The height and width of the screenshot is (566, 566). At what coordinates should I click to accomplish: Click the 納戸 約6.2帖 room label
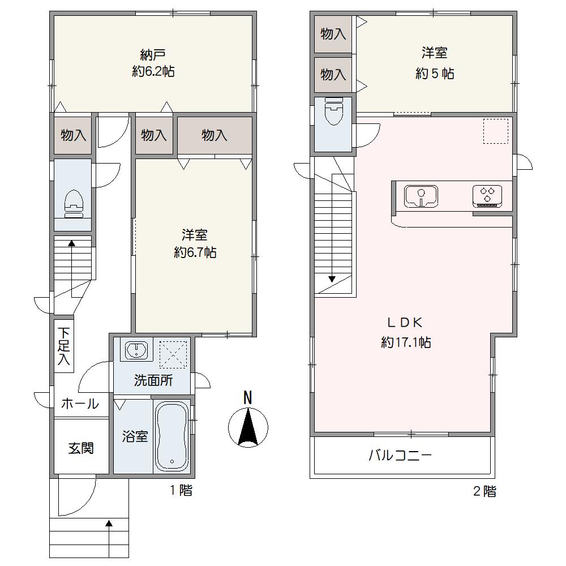(x=153, y=63)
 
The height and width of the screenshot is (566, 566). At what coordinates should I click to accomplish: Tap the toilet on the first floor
(x=74, y=204)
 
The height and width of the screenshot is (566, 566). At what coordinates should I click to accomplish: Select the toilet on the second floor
(x=334, y=110)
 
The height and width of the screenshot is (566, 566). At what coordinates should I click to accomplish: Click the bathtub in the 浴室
(x=172, y=436)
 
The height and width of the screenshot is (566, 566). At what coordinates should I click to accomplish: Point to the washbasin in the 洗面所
(x=136, y=349)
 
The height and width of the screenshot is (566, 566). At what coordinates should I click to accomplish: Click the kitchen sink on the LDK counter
(x=421, y=196)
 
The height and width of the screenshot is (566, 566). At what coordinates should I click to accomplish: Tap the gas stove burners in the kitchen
(x=487, y=195)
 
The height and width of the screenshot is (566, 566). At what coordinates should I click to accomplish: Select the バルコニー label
(x=400, y=456)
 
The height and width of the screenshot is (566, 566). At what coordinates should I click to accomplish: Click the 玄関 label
(x=81, y=448)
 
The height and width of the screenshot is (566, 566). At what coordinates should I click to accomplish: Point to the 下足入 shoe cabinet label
(x=64, y=346)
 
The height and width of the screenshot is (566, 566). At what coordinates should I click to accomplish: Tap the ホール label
(x=80, y=403)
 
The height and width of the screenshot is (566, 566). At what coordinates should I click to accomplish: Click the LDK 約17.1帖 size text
(x=406, y=342)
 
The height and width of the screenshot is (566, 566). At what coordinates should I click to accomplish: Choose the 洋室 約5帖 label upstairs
(x=435, y=63)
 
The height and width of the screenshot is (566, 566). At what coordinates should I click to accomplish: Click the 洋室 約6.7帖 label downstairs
(x=195, y=243)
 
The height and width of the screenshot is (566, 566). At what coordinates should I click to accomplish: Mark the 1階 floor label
(x=181, y=490)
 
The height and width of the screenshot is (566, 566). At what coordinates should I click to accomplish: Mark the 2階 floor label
(x=485, y=491)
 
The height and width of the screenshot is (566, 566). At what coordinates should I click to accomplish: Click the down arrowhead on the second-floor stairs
(x=332, y=279)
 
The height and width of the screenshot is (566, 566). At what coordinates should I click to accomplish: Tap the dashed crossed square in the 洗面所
(x=173, y=355)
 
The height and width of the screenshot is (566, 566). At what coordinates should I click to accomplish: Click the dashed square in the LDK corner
(x=496, y=131)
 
